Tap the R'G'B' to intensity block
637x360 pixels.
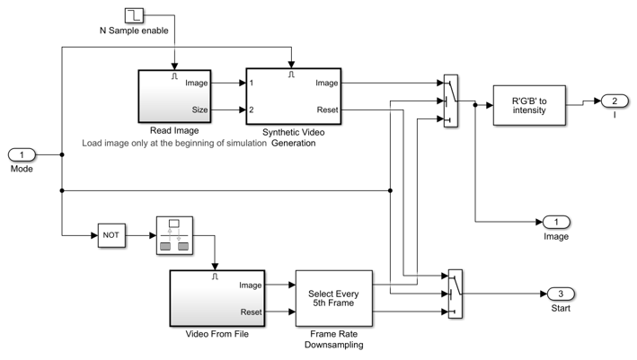(529, 105)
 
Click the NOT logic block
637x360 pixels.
(111, 236)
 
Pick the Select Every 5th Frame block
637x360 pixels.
(333, 298)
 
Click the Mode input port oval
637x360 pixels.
(22, 154)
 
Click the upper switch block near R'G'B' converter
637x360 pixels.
(451, 101)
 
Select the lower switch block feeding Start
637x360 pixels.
(454, 294)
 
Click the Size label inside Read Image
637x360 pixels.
(199, 110)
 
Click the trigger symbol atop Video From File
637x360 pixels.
(215, 277)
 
